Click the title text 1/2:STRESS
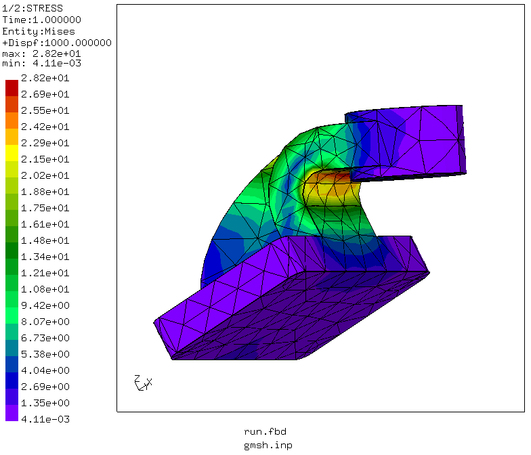coord(33,8)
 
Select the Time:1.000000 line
coord(42,20)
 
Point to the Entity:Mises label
coord(39,31)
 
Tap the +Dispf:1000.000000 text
coord(57,43)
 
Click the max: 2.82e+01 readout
coord(42,53)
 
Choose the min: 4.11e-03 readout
coord(42,63)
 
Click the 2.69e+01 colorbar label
coord(45,94)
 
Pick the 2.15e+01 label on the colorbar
coord(45,159)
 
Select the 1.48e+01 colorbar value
coord(45,240)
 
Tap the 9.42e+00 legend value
coord(45,305)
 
